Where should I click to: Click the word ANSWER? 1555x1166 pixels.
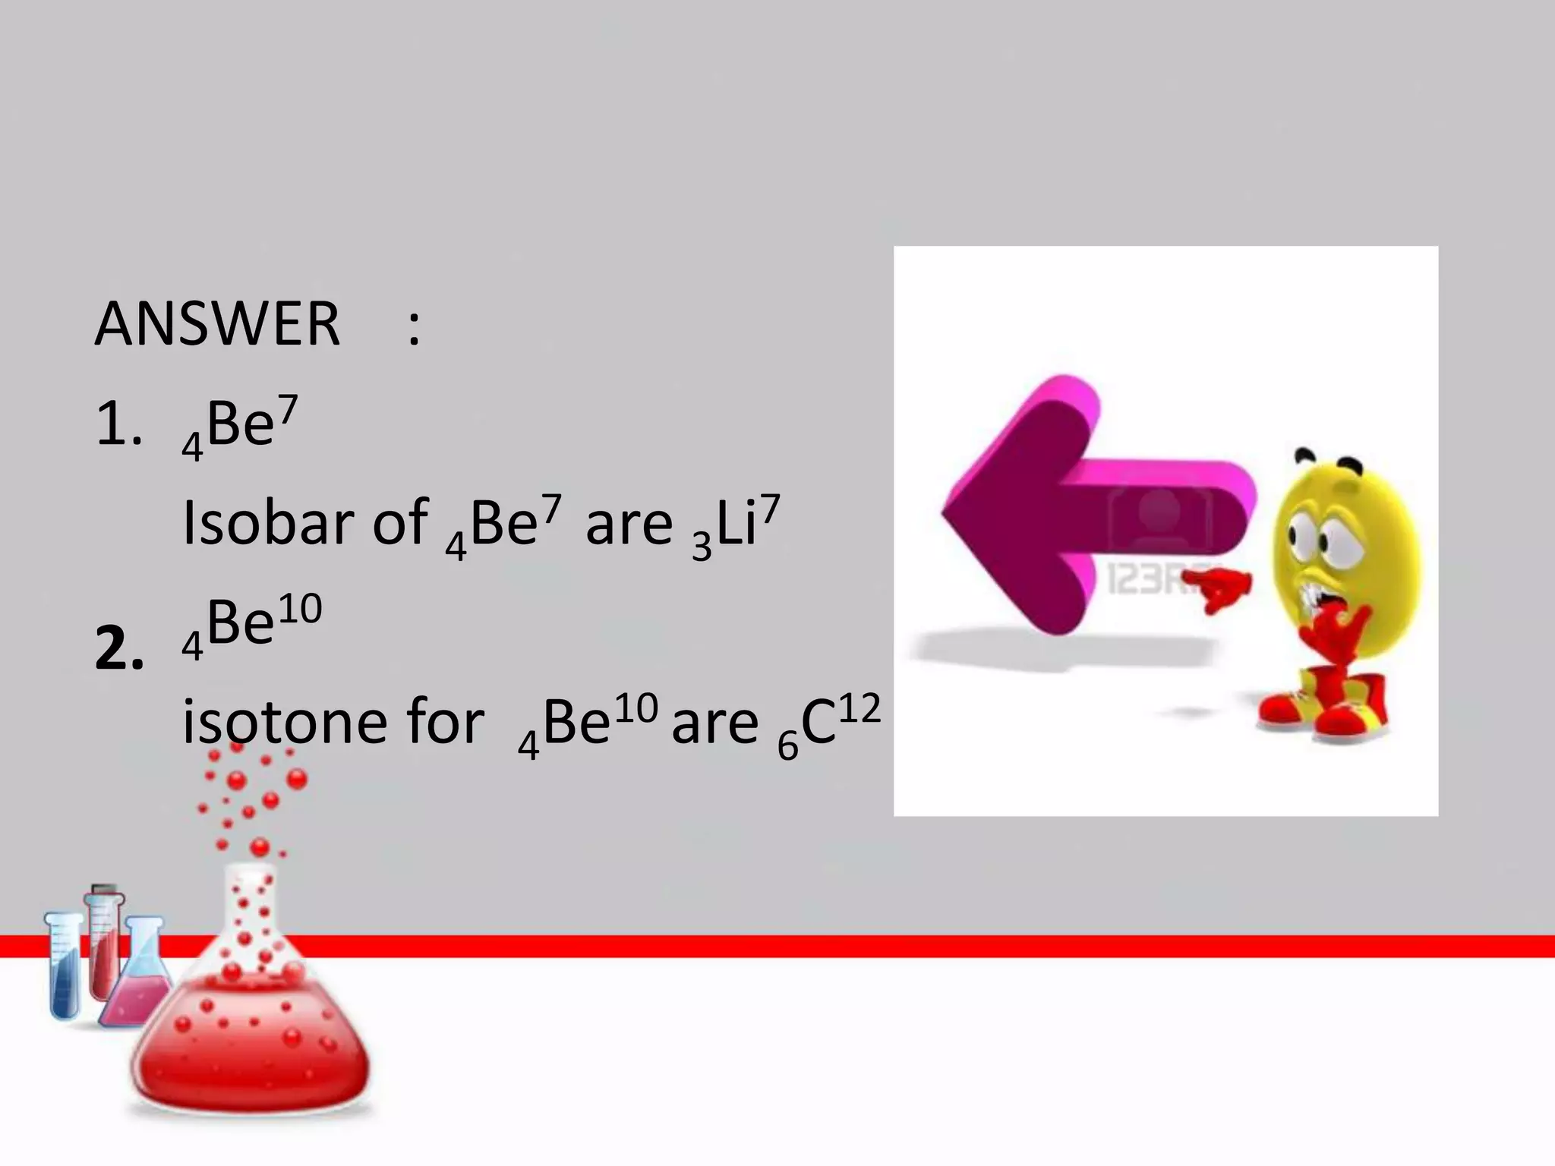tap(217, 325)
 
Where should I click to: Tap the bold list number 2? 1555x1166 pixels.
tap(119, 651)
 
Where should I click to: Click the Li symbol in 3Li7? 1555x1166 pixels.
tap(736, 524)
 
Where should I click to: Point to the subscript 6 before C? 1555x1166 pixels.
tap(788, 747)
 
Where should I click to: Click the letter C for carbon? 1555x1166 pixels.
tap(818, 723)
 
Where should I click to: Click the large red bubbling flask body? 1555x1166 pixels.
tap(251, 1048)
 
